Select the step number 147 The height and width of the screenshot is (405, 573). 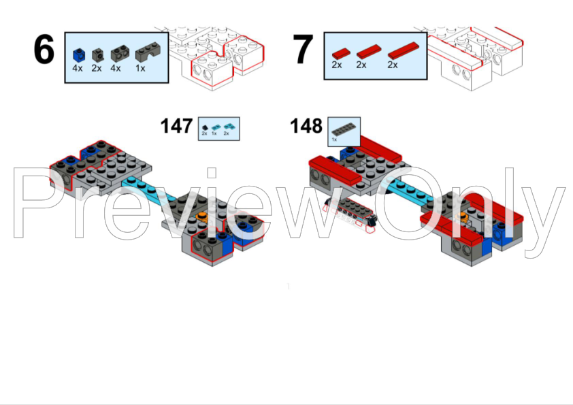tap(177, 126)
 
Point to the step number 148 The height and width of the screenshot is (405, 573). tap(307, 126)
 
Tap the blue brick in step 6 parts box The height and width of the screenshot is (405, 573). tap(78, 53)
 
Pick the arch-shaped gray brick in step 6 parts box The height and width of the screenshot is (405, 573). tap(144, 52)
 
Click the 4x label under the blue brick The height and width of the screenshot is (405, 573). tap(78, 68)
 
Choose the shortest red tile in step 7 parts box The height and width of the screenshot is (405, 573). tap(339, 52)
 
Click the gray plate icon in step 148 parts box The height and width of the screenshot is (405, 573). tap(344, 128)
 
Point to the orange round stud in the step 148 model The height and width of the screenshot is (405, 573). tap(463, 218)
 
